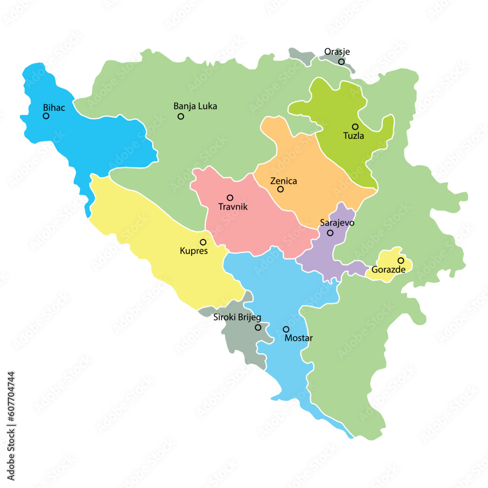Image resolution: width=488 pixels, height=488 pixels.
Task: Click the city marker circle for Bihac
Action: pos(46,116)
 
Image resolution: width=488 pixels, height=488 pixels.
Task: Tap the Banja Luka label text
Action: pos(195,106)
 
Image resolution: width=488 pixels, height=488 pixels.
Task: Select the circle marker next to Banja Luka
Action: pos(181,116)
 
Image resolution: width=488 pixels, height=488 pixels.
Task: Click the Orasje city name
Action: pos(337,52)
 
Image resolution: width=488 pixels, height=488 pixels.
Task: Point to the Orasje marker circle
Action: pos(342,62)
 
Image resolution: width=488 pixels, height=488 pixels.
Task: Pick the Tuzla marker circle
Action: pos(355,126)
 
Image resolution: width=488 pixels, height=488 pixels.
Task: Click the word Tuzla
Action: pos(353,136)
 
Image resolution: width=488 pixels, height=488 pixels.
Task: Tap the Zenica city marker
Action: pos(281,189)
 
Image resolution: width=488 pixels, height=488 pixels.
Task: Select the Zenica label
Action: pos(284,181)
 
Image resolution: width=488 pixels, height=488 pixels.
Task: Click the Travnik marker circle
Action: pos(230,198)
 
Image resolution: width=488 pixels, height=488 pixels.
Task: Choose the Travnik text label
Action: pos(233,207)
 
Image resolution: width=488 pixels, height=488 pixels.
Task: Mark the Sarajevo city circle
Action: pos(330,233)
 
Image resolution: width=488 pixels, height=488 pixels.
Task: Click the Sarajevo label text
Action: pos(337,223)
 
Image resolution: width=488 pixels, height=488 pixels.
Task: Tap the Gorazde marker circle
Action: pos(401,261)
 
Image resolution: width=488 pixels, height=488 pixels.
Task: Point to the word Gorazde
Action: pos(388,269)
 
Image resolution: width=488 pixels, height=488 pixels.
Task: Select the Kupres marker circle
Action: pos(203,242)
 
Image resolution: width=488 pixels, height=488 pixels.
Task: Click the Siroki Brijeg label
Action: pos(237,317)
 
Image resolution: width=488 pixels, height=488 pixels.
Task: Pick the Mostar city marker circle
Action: pos(286,329)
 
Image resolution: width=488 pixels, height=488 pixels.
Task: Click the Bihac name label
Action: pos(54,107)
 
